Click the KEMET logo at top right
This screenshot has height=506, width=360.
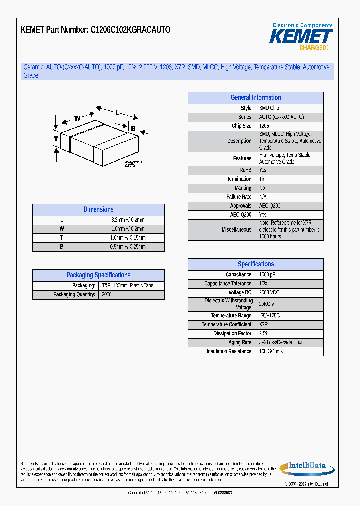301,37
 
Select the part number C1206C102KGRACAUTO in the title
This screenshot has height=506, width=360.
130,30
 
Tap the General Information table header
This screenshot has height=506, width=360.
255,98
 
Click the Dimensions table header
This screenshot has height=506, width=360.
98,210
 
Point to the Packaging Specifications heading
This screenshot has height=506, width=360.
98,275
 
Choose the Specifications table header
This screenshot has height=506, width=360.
255,264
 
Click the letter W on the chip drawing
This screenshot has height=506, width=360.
77,118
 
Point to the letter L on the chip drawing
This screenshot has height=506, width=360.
117,113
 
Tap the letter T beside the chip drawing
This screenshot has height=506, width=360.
56,138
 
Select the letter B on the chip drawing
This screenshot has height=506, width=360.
133,129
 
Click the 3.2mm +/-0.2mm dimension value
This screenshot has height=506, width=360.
128,220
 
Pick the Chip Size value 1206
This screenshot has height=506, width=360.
264,126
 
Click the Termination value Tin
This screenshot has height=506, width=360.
262,179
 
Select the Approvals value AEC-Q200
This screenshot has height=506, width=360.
270,206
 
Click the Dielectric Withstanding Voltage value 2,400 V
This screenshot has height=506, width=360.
267,304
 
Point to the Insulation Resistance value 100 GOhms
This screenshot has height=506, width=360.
271,351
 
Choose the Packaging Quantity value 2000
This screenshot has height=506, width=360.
107,295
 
